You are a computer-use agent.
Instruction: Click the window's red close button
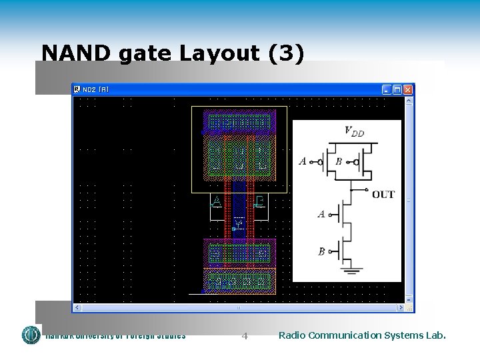(x=408, y=89)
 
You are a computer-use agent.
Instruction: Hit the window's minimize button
(x=387, y=89)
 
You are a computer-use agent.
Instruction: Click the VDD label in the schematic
(x=354, y=131)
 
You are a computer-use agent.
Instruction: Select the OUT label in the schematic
(x=383, y=195)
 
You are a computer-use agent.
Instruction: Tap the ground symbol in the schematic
(x=351, y=270)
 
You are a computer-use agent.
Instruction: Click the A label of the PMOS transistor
(x=303, y=161)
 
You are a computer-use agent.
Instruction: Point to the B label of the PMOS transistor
(x=339, y=161)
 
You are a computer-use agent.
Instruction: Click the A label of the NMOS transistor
(x=321, y=214)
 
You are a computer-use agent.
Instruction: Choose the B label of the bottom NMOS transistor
(x=321, y=251)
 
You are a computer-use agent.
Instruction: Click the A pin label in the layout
(x=216, y=201)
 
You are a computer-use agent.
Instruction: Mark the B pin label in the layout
(x=261, y=201)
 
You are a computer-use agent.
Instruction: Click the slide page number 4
(x=245, y=336)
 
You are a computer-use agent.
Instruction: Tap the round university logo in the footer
(x=31, y=335)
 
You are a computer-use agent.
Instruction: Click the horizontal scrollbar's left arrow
(x=77, y=308)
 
